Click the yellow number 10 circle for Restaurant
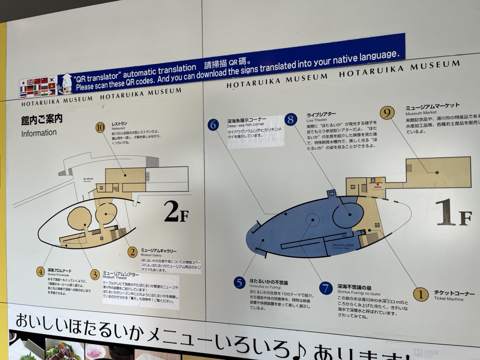tap(100, 127)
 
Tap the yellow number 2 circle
tap(133, 252)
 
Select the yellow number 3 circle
tap(95, 275)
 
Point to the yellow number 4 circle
tap(41, 271)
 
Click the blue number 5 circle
tap(240, 283)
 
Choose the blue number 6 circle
tap(213, 125)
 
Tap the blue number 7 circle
tap(326, 288)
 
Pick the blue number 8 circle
tap(291, 120)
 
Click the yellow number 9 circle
tap(387, 112)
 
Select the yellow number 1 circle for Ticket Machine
tap(420, 294)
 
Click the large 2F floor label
tap(177, 214)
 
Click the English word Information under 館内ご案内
tap(39, 133)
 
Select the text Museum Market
tap(421, 113)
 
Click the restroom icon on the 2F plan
tap(102, 187)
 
